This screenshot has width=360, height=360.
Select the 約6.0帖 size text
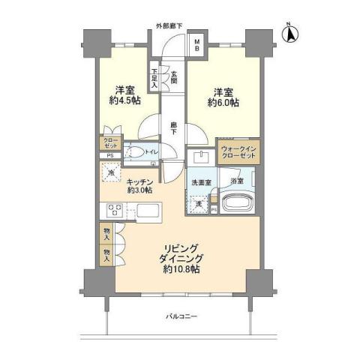click(222, 103)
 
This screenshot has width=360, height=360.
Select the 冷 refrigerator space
click(111, 174)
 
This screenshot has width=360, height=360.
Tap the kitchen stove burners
click(117, 209)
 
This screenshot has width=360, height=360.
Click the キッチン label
click(141, 181)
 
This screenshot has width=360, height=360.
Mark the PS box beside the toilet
click(109, 155)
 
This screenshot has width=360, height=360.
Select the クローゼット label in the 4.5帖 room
click(109, 142)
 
